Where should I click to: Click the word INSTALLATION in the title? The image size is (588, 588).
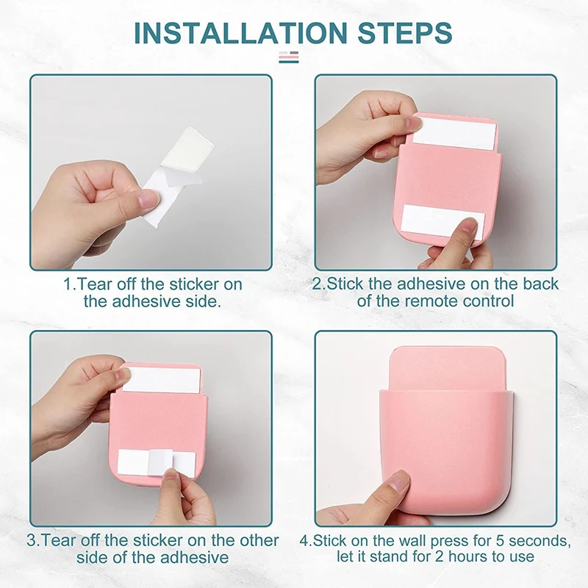tap(241, 32)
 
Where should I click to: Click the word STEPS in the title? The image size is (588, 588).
tap(405, 32)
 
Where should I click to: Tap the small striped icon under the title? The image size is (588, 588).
tap(289, 57)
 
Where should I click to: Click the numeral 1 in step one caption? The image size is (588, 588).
tap(68, 284)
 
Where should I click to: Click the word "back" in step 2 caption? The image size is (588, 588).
tap(541, 284)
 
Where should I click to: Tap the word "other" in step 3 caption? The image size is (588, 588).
tap(257, 540)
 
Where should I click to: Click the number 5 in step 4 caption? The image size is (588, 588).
tap(501, 541)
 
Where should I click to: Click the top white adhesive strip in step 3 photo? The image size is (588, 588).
tap(162, 380)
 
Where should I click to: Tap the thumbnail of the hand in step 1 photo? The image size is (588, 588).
tap(148, 198)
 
